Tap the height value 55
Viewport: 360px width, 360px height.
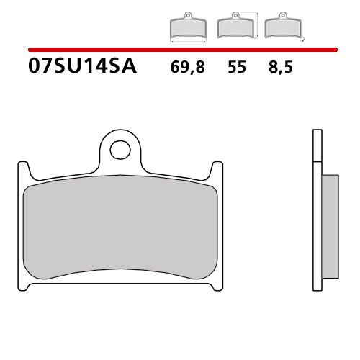(237, 68)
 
